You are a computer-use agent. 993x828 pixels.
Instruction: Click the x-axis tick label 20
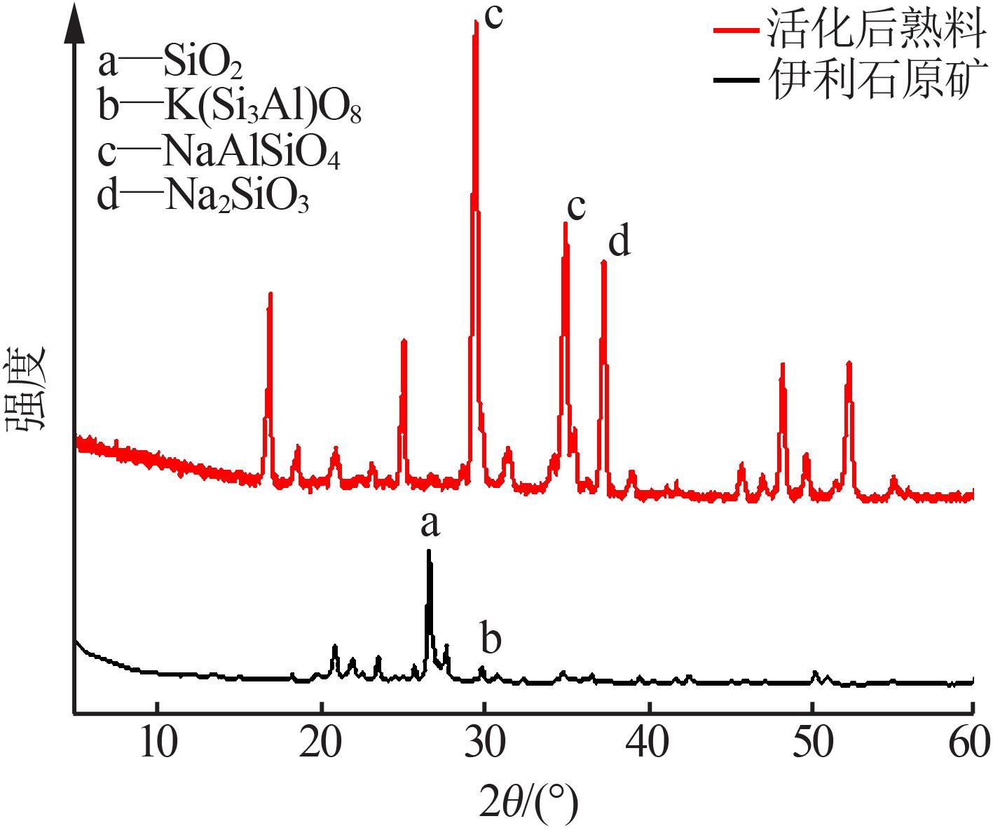pos(320,743)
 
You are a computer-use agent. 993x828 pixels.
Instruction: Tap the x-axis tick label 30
pos(484,743)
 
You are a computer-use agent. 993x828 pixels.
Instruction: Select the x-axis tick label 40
pos(647,743)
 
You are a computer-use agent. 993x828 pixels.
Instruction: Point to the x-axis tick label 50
pos(812,743)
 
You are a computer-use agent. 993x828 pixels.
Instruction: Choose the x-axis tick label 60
pos(969,743)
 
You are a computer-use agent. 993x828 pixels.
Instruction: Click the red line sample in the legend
pos(736,30)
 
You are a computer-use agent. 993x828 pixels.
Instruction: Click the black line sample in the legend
pos(736,79)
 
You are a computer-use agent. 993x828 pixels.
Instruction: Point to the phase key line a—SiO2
pos(170,63)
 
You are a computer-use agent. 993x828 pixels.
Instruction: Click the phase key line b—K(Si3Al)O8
pos(230,108)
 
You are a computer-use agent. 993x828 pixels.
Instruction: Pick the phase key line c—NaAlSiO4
pos(219,152)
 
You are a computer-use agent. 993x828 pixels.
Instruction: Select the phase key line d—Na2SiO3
pos(203,196)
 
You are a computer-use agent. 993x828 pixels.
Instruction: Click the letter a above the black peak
pos(430,525)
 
